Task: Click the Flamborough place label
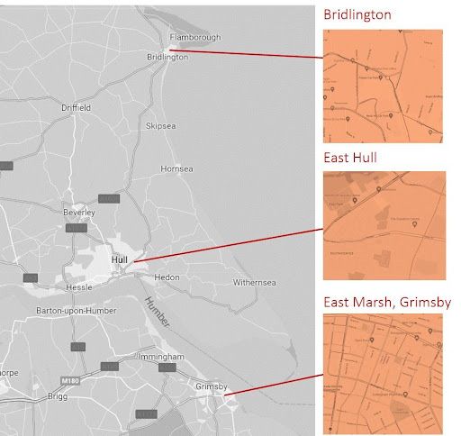(x=195, y=37)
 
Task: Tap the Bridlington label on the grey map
(x=167, y=56)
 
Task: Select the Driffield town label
(x=76, y=107)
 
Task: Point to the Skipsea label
(x=162, y=126)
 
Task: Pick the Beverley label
(x=78, y=212)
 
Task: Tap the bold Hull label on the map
(x=120, y=261)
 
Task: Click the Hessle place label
(x=78, y=287)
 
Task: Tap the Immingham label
(x=162, y=357)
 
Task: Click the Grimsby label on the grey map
(x=212, y=387)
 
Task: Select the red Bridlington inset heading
(x=358, y=15)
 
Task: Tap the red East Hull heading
(x=350, y=158)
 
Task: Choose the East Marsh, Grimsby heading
(x=387, y=301)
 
